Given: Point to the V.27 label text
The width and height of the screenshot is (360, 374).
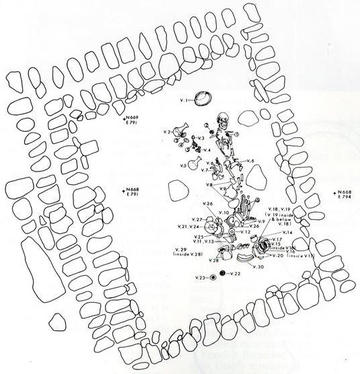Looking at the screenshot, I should click(x=197, y=219).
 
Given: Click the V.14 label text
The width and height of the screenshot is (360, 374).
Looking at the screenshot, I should click(x=287, y=232).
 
